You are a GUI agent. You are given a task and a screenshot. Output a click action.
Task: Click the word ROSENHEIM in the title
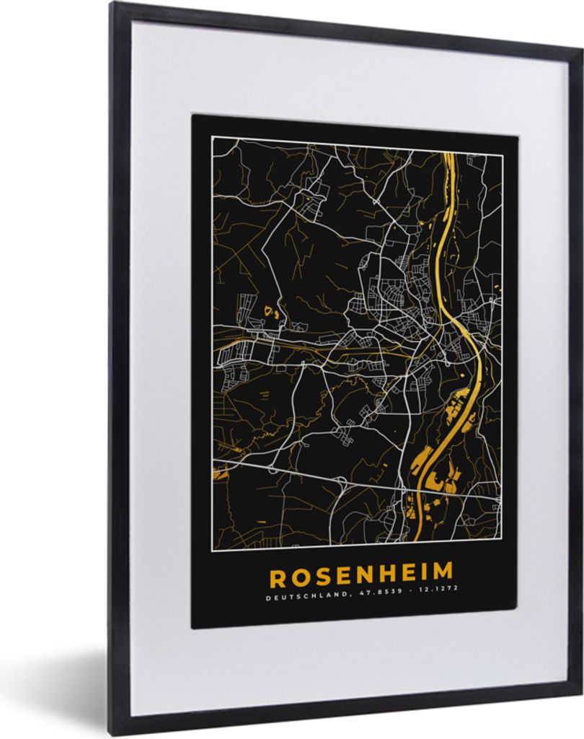click(x=361, y=575)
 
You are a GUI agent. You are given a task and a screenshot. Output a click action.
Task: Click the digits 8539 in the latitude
click(x=374, y=597)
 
